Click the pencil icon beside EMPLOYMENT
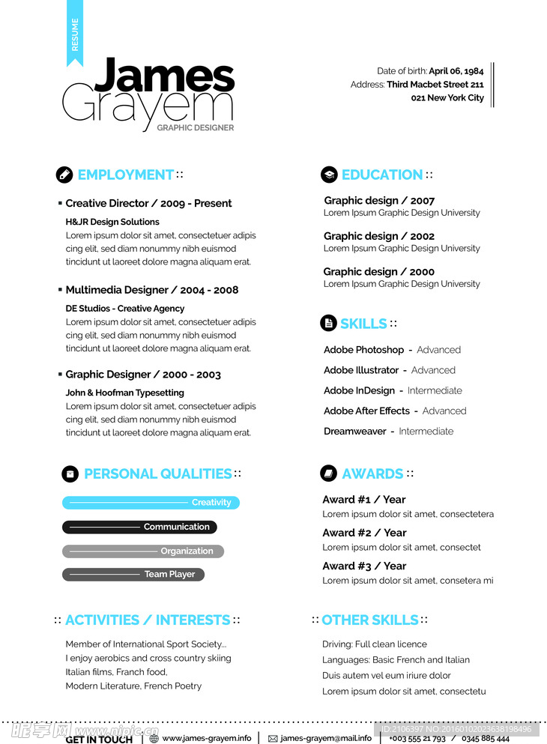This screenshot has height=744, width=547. pos(64,175)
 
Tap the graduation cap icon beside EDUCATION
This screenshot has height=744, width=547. pos(329,175)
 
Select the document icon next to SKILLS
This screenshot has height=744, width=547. pos(328,323)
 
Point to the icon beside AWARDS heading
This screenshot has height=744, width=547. pos(328,474)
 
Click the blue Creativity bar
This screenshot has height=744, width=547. pos(151,503)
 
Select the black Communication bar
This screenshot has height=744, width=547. pos(139,527)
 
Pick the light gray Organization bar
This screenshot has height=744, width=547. pos(142,551)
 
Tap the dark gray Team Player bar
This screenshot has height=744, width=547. pos(133,575)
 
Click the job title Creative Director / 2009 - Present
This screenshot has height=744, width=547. pos(148,203)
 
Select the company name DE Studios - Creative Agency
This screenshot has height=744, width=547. pos(124,309)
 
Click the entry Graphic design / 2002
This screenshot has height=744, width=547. pos(378,236)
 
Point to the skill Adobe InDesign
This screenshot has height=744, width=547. pos(359,390)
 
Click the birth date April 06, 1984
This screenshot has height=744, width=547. pos(456,71)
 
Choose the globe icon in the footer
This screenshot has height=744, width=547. pos(154,738)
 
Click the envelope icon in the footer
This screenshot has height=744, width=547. pos(273,738)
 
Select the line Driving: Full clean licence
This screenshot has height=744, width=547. pos(375,644)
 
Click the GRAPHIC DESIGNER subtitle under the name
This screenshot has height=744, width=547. pos(196,127)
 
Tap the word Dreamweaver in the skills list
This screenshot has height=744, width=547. pos(354,432)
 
